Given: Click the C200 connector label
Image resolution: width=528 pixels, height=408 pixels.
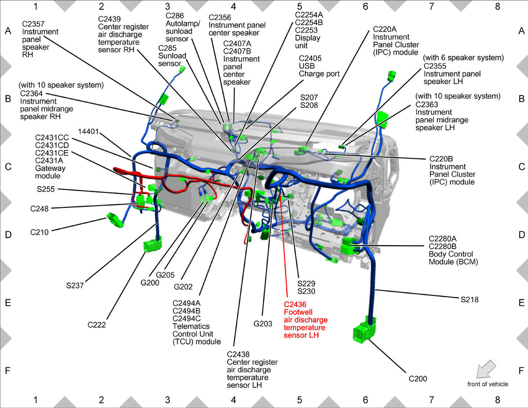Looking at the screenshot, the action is pyautogui.click(x=418, y=379).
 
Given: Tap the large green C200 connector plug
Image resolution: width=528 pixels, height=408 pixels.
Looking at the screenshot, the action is pyautogui.click(x=364, y=330).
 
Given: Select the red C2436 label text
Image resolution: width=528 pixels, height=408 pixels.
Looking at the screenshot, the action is pyautogui.click(x=295, y=305).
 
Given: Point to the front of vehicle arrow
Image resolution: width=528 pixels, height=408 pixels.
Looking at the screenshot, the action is pyautogui.click(x=486, y=369).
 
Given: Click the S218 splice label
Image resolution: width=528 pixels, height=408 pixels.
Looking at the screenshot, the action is pyautogui.click(x=469, y=300).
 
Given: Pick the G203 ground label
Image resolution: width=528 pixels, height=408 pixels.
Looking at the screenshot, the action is pyautogui.click(x=263, y=323).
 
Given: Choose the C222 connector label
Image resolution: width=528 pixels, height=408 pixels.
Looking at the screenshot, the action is pyautogui.click(x=97, y=325).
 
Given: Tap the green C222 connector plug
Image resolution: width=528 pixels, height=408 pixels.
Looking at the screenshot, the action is pyautogui.click(x=153, y=243).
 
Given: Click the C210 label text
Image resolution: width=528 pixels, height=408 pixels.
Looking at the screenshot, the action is pyautogui.click(x=39, y=232).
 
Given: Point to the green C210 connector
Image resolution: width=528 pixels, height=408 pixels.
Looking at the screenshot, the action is pyautogui.click(x=115, y=220).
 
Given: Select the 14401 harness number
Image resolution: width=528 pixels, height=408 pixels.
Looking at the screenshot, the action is pyautogui.click(x=88, y=132).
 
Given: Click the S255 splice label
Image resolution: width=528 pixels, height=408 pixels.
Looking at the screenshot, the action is pyautogui.click(x=46, y=189).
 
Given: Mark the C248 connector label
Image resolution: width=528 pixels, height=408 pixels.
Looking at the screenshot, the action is pyautogui.click(x=39, y=209).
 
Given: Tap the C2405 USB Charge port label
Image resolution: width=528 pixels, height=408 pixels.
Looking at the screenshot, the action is pyautogui.click(x=319, y=66).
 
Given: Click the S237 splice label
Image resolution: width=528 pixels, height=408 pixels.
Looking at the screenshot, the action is pyautogui.click(x=75, y=285).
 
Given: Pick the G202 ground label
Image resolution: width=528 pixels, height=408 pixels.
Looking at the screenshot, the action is pyautogui.click(x=183, y=287).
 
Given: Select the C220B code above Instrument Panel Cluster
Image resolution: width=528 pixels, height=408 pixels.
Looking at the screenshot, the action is pyautogui.click(x=441, y=159).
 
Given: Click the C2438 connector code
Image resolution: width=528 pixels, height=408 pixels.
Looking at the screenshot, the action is pyautogui.click(x=238, y=354).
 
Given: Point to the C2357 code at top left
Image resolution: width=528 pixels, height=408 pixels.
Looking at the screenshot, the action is pyautogui.click(x=33, y=24).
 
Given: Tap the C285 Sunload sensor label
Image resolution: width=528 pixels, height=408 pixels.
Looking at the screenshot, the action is pyautogui.click(x=172, y=55).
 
